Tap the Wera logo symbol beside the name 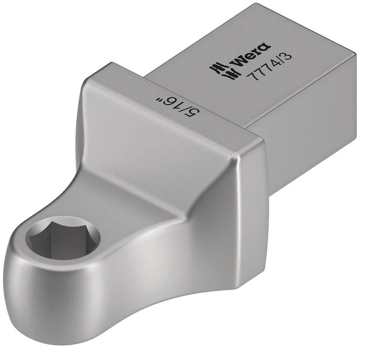point(221,70)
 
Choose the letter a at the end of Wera point(264,48)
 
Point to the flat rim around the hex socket point(38,225)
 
